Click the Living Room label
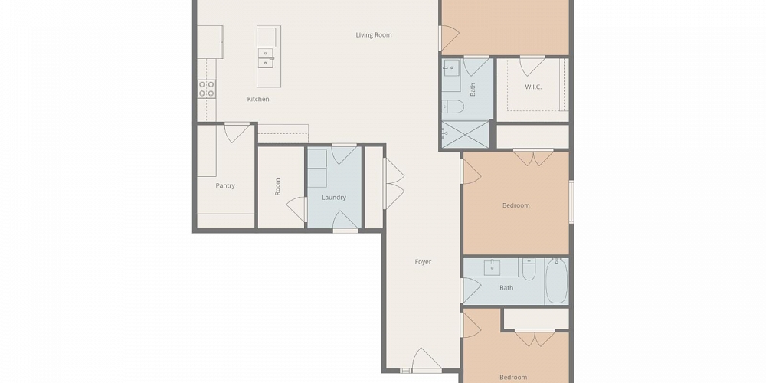tap(373, 35)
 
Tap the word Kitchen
tap(258, 99)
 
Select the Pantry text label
tap(225, 185)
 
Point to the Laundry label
tap(334, 198)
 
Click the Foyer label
tap(423, 262)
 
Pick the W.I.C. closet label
tap(533, 87)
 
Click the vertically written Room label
tap(277, 187)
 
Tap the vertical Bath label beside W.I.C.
tap(473, 90)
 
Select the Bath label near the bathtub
tap(506, 288)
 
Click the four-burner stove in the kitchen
tap(207, 89)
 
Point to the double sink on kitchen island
tap(266, 58)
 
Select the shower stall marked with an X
tap(465, 134)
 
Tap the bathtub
tap(556, 281)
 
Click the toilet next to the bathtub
tap(529, 269)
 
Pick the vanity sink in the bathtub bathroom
tap(491, 267)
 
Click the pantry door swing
tap(237, 133)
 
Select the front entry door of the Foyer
tap(427, 359)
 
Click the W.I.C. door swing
tap(532, 66)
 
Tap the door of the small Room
tap(296, 208)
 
